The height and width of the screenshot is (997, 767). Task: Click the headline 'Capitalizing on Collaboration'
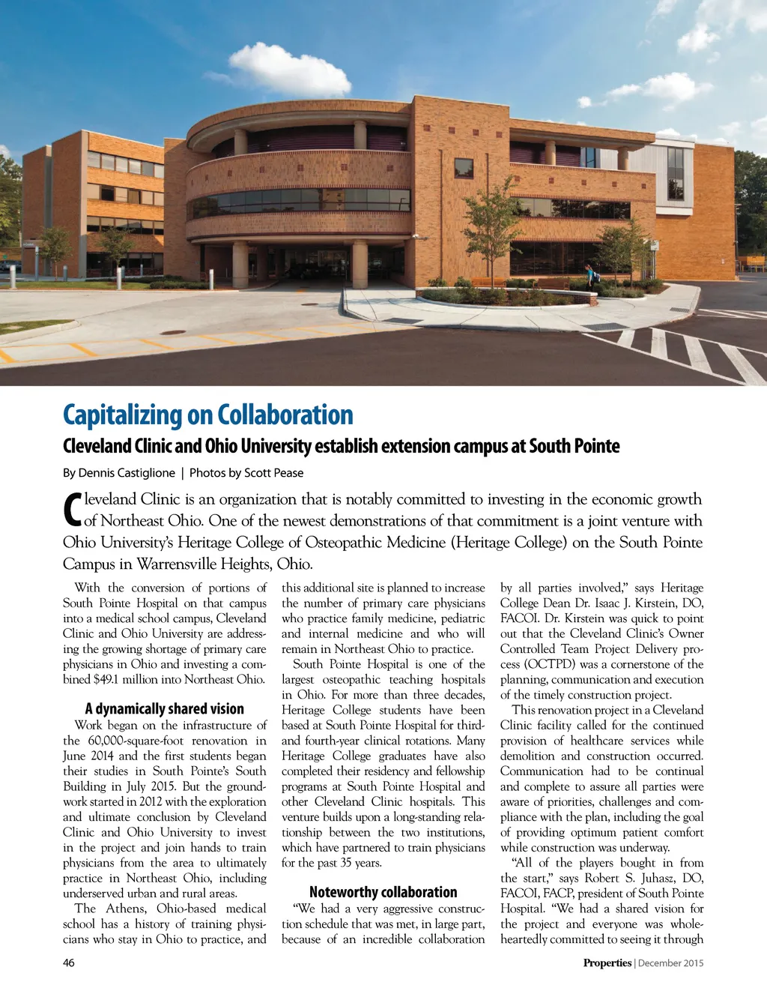point(207,415)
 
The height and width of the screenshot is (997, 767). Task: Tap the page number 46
point(69,963)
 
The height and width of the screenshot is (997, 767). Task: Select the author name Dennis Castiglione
point(127,473)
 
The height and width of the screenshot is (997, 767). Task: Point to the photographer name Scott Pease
point(273,473)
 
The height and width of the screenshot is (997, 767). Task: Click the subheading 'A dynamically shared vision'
point(164,708)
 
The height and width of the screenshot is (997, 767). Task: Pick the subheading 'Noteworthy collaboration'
point(383,892)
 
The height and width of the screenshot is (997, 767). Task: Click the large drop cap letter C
point(72,510)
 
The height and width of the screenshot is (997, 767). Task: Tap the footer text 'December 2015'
point(672,963)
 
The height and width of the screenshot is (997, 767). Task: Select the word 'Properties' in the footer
point(607,963)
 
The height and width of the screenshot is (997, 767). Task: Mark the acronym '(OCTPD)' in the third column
point(551,664)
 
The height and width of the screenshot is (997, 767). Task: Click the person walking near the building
point(590,275)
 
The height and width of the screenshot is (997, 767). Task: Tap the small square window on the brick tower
point(464,168)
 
